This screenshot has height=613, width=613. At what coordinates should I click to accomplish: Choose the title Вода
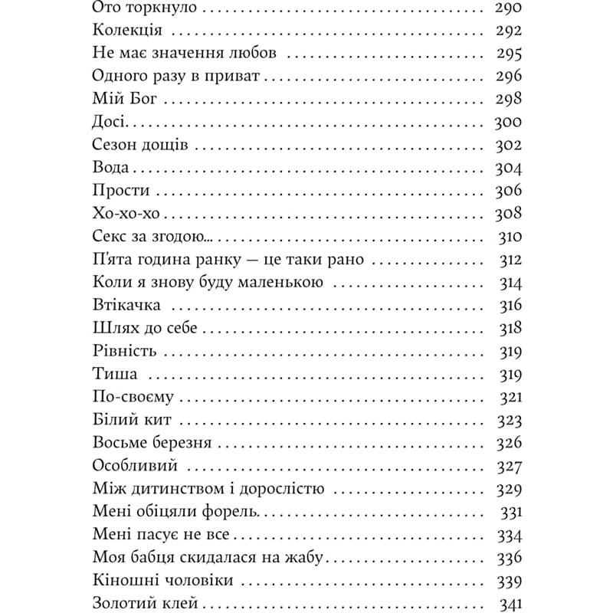click(110, 168)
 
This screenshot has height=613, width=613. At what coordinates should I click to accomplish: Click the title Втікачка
click(126, 306)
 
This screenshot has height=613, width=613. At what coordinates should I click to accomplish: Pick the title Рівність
click(123, 351)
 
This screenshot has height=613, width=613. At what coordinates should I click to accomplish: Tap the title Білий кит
click(131, 420)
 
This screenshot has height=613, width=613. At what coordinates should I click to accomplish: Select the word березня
click(180, 443)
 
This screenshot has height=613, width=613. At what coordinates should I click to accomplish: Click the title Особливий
click(135, 466)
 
